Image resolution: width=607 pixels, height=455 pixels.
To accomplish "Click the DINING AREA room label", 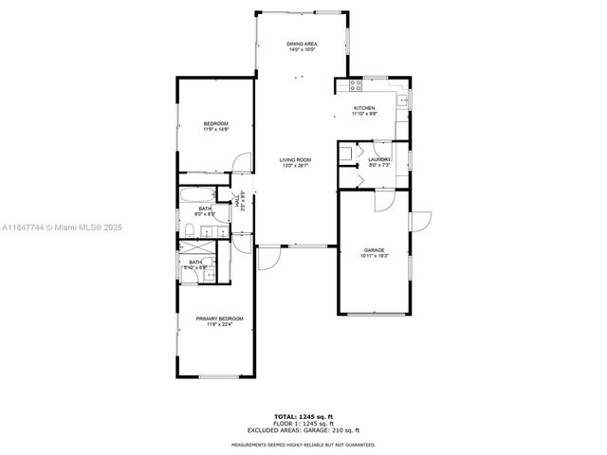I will (x=303, y=44).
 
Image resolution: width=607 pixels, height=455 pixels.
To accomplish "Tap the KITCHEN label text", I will (x=365, y=109).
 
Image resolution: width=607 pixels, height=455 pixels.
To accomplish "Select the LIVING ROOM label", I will (x=296, y=160).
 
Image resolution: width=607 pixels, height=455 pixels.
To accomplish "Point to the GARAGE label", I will (x=374, y=250).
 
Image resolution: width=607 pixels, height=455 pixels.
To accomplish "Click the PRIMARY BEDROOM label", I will (x=219, y=318).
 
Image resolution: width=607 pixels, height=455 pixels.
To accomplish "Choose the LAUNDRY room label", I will (x=379, y=160).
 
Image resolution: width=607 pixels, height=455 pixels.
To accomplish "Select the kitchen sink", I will (x=402, y=99).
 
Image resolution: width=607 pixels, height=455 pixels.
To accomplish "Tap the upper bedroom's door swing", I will (x=244, y=164).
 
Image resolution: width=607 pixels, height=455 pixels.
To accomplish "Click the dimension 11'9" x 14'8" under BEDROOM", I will (x=216, y=130).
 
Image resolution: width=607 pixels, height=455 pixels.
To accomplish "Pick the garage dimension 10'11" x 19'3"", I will (x=374, y=257).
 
